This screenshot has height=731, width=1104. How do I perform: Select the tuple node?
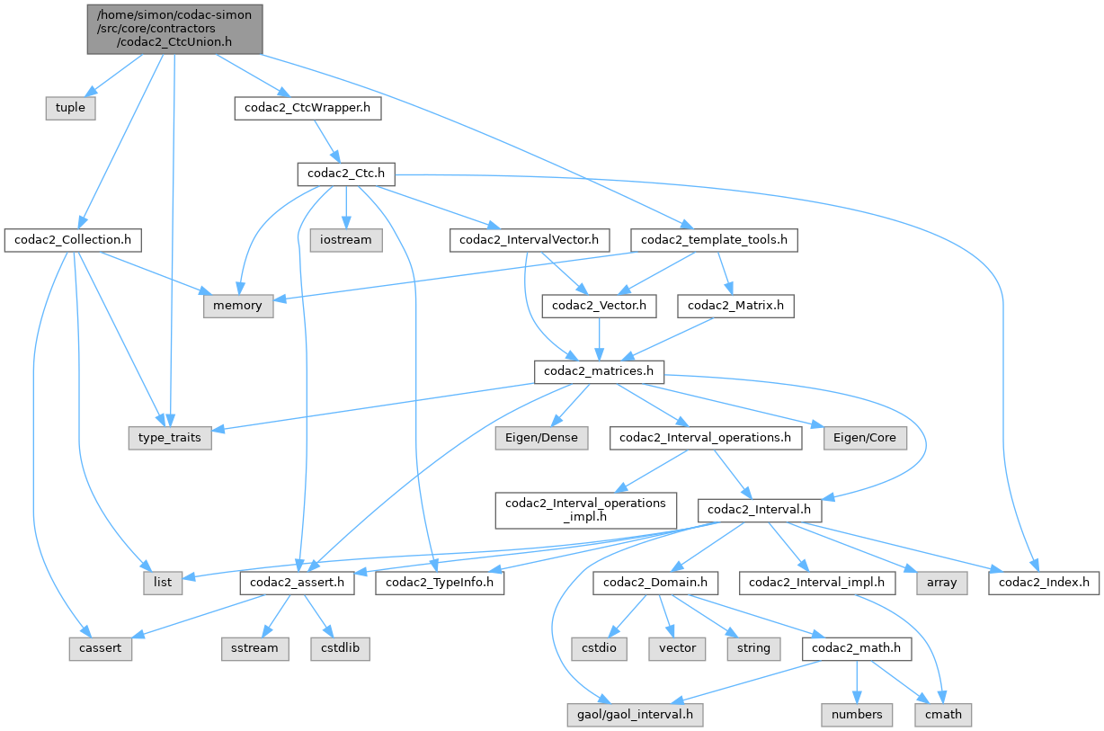pos(70,108)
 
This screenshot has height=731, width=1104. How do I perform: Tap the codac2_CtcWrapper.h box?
pos(307,108)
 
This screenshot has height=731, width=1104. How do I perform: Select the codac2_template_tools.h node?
pos(714,240)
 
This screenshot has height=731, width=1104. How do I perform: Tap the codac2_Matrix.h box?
pos(735,306)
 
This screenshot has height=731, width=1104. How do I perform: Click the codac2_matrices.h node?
pos(599,371)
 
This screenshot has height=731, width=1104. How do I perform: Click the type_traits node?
pos(169,438)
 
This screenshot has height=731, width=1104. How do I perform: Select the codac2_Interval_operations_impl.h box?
pos(585,509)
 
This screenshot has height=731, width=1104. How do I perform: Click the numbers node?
pos(857,715)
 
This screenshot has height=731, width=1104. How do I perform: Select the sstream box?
pos(254,648)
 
